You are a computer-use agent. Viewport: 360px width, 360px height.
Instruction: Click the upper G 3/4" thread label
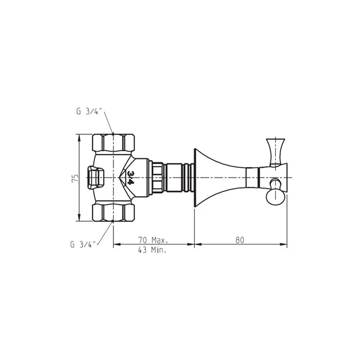pos(90,112)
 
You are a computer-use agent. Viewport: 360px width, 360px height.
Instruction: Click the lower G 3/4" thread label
pos(84,244)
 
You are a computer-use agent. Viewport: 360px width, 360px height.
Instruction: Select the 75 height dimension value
pos(75,178)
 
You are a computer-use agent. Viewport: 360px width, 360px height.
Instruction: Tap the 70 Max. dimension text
pos(153,240)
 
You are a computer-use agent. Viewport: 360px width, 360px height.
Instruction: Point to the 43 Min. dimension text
pos(152,250)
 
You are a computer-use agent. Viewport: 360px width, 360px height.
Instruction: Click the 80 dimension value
pos(240,240)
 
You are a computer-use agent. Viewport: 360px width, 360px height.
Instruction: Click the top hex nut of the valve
pos(113,142)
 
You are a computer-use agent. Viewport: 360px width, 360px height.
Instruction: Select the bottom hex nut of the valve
pos(113,213)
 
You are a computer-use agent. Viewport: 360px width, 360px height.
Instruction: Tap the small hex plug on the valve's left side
pos(95,178)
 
